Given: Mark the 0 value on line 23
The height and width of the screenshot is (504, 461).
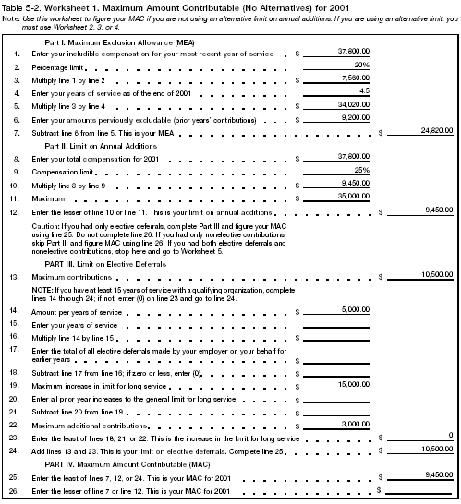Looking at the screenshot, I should click(x=449, y=434).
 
